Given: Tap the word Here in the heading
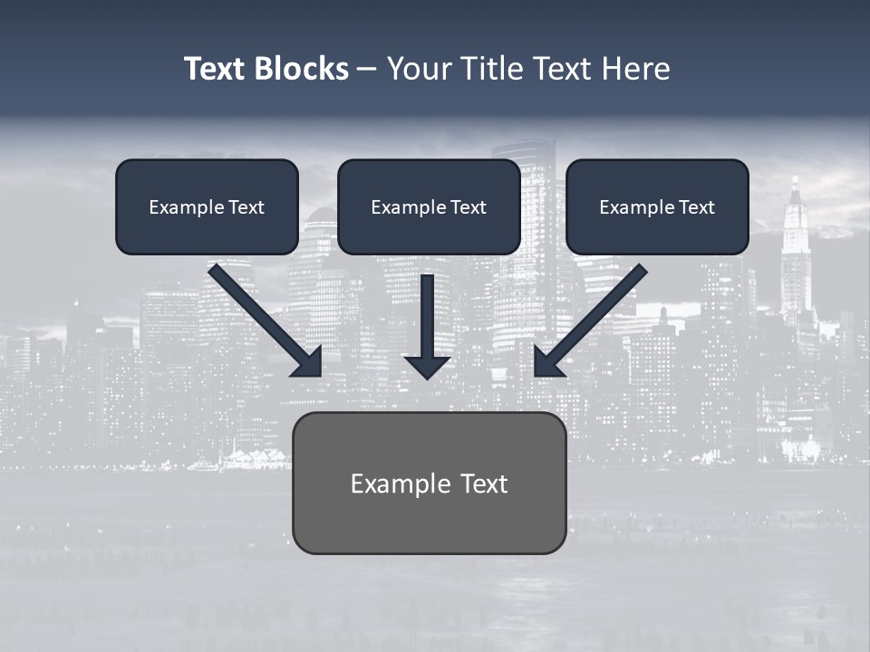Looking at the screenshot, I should coord(635,69).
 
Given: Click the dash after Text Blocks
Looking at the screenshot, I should coord(367,70).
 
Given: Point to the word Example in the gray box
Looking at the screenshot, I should coord(394,484).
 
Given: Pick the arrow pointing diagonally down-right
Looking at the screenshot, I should coord(263,318).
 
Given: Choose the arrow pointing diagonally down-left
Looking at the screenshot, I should coord(594,318).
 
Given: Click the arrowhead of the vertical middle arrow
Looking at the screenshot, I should coord(427,366).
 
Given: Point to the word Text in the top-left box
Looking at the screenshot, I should coord(246,207).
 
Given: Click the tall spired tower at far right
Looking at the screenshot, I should coord(796,254).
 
